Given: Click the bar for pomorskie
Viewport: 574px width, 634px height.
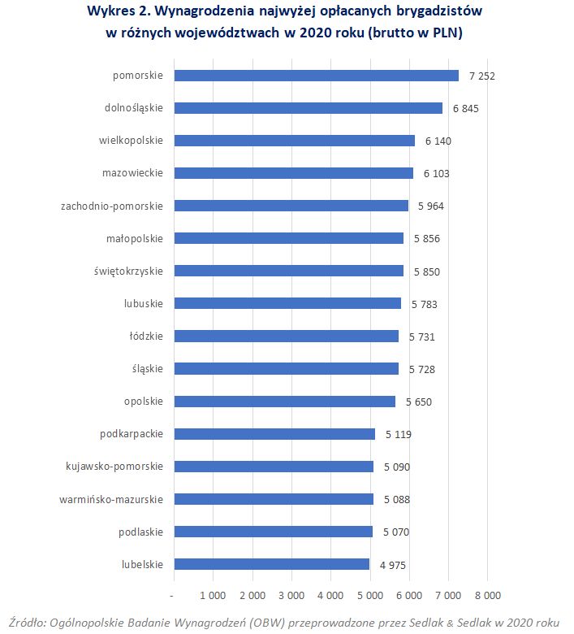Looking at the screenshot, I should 317,76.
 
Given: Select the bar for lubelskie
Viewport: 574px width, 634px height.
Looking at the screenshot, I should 272,564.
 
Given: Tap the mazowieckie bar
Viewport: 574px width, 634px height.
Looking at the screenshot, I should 294,173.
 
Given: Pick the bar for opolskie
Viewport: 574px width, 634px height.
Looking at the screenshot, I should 285,402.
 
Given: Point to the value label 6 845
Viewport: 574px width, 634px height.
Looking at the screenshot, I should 466,109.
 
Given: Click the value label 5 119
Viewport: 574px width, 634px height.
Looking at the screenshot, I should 399,434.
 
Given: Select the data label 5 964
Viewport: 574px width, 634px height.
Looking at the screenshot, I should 431,206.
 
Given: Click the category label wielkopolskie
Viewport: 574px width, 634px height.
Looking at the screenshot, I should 131,141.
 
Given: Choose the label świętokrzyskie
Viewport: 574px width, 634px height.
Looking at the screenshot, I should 127,271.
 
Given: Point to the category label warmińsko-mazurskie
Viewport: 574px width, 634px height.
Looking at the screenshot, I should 112,499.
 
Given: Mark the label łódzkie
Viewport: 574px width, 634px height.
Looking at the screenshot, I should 146,336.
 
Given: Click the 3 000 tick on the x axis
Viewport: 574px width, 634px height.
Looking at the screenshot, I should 291,596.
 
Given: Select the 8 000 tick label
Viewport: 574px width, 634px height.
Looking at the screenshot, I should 487,596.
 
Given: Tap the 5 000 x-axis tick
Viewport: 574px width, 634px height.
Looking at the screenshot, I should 370,596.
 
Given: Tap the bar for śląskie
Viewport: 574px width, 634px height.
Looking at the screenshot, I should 287,369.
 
